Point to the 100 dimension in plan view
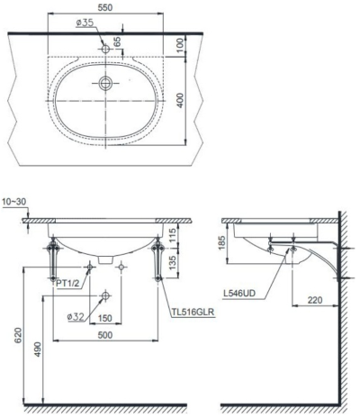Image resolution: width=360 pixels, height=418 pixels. [x=180, y=43]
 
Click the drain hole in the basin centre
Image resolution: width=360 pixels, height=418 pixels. [x=106, y=84]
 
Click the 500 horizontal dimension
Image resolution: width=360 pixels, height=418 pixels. [x=105, y=334]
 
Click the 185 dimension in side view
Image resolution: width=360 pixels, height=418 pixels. [x=221, y=241]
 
